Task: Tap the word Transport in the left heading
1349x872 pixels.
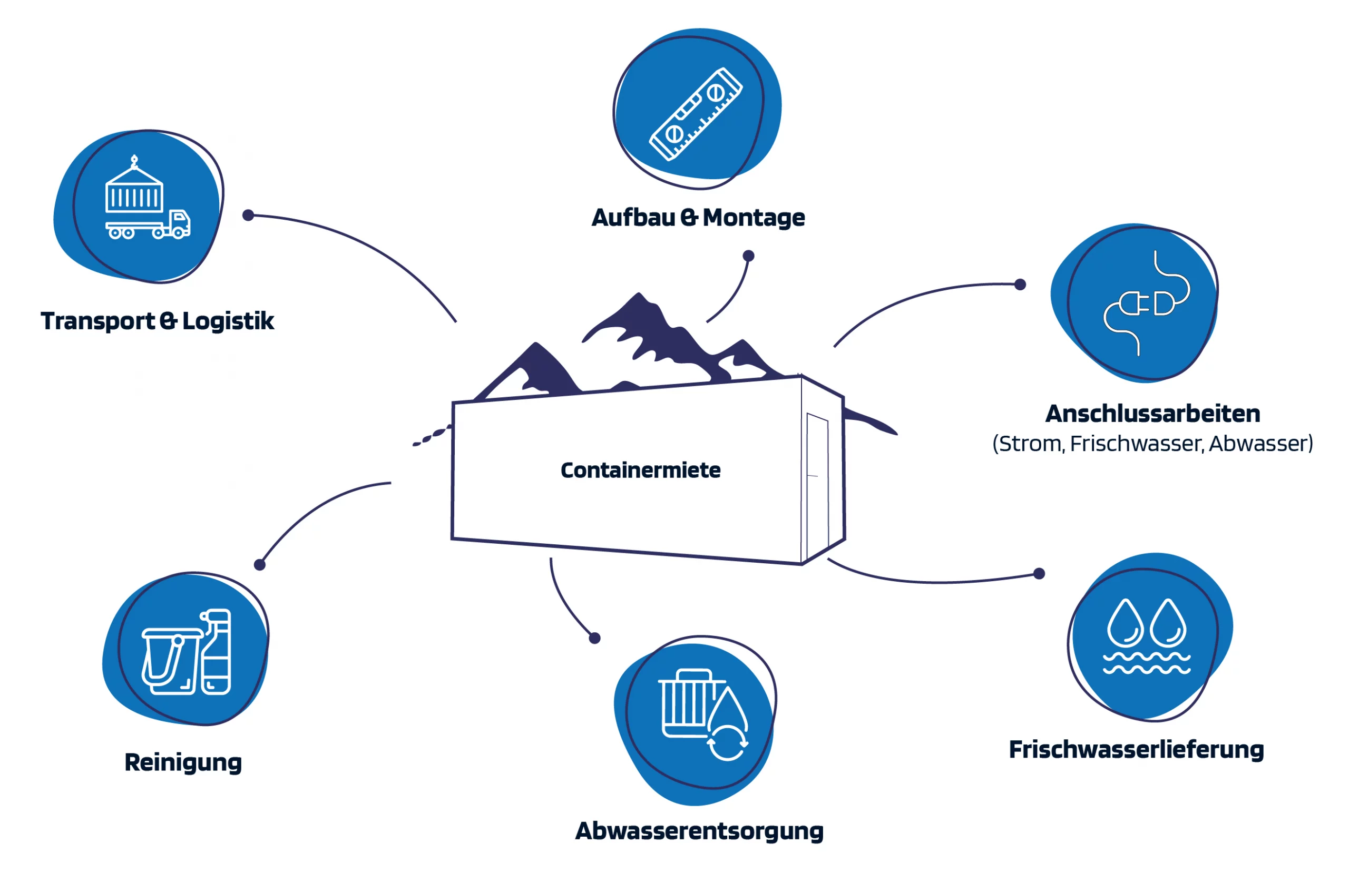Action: [x=97, y=321]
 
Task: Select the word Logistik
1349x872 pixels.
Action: [x=228, y=321]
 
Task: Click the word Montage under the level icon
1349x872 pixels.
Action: [x=753, y=218]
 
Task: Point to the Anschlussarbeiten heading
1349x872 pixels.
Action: [x=1152, y=414]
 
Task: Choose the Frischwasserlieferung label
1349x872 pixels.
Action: [x=1136, y=750]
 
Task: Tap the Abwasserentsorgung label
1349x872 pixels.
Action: [x=699, y=831]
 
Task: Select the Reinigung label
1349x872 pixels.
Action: [x=183, y=762]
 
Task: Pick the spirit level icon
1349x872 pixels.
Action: [x=696, y=114]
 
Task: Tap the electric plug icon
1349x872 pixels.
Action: [x=1146, y=303]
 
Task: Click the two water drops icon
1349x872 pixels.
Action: [x=1146, y=636]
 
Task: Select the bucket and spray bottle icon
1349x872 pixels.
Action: [x=187, y=652]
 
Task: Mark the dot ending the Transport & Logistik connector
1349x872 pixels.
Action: [x=248, y=215]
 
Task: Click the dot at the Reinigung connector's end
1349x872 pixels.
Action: [x=259, y=564]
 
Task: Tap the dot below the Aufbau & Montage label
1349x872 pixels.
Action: [x=748, y=256]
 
